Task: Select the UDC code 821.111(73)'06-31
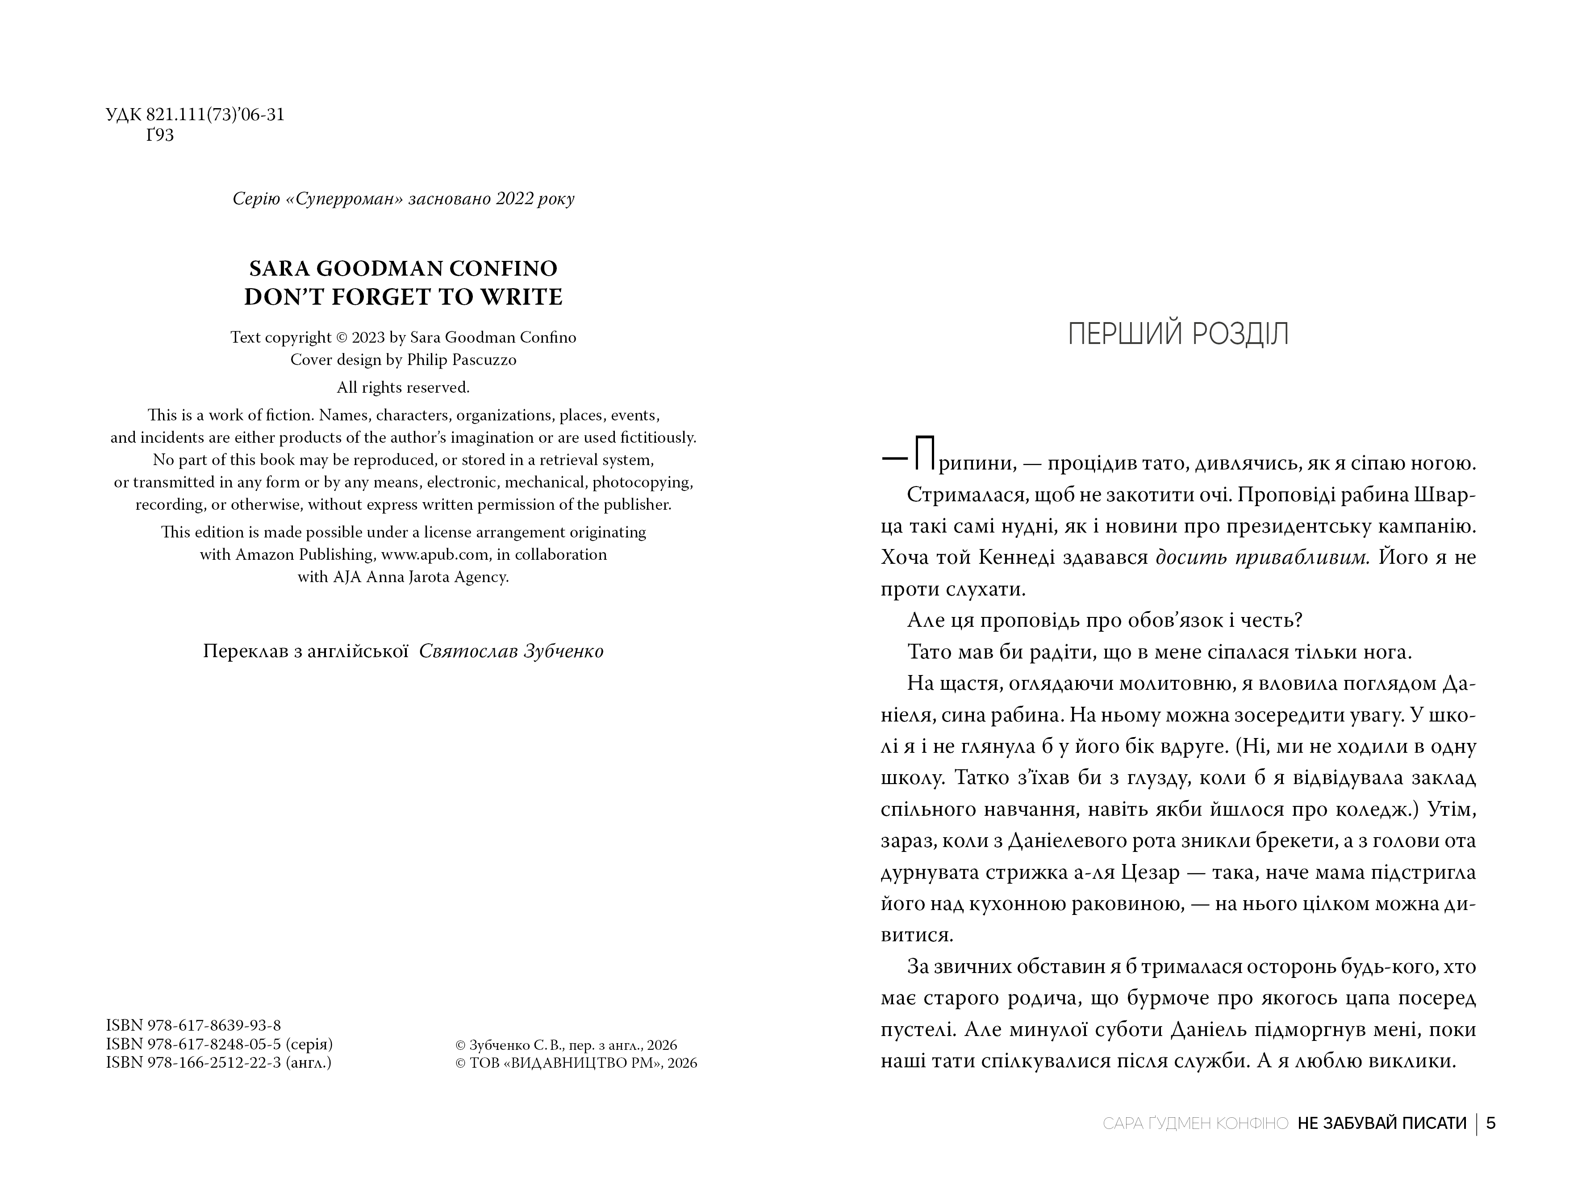215,114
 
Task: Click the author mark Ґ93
160,135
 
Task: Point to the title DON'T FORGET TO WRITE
403,297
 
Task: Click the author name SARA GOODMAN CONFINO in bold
403,268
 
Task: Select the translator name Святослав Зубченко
511,651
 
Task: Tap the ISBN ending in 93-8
193,1025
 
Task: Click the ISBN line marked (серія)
219,1044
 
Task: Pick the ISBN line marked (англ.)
218,1062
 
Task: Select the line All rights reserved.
403,387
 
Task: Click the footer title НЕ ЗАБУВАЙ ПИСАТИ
1382,1123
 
